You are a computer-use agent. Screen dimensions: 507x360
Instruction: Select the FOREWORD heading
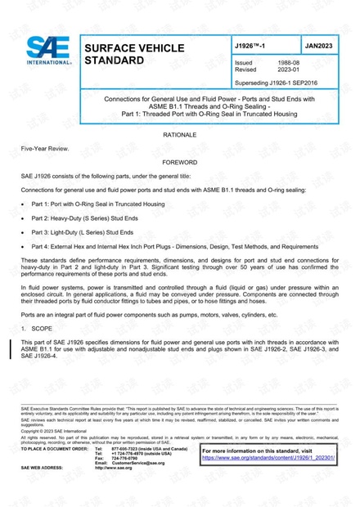pos(179,163)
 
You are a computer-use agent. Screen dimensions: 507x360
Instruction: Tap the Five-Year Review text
pos(45,148)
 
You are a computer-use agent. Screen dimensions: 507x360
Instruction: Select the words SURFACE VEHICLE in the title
pos(134,48)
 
